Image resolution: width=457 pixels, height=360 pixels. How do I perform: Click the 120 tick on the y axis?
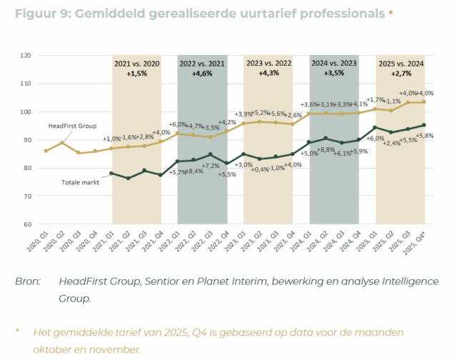tap(25, 56)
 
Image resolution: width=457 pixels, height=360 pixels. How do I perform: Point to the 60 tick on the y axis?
tap(26, 224)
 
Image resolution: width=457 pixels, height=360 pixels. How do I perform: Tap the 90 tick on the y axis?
tap(26, 140)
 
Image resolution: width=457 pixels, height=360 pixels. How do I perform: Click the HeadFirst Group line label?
tap(71, 126)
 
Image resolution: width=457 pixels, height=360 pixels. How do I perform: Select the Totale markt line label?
tap(77, 181)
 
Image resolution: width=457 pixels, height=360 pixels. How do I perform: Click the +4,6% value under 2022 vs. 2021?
tap(203, 74)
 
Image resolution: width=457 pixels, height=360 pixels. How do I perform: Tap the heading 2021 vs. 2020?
tap(137, 64)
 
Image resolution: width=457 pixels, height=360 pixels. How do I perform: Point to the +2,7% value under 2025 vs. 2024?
tap(401, 74)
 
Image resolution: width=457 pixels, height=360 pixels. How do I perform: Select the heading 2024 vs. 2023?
tap(334, 64)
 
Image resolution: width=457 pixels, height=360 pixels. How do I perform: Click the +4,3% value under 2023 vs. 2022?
tap(268, 74)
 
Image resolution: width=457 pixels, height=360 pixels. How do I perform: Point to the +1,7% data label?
tap(376, 100)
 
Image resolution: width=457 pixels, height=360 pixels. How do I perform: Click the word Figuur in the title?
tap(34, 14)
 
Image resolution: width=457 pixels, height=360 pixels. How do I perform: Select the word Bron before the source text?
tap(29, 281)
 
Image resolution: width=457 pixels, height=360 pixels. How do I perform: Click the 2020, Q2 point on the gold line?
tap(62, 144)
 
